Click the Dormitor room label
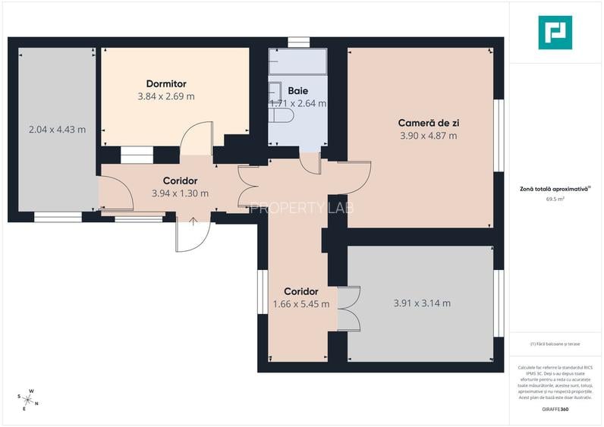point(166,83)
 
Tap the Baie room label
point(297,90)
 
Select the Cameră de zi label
point(428,123)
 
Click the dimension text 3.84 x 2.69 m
point(166,96)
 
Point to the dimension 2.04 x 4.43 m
point(57,130)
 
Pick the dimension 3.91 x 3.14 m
point(422,303)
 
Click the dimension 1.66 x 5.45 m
point(301,304)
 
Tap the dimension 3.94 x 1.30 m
point(180,193)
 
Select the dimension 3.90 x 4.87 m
point(428,136)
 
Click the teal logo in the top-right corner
point(555,33)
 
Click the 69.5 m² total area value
point(555,199)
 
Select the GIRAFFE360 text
point(556,410)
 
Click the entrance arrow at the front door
point(193,221)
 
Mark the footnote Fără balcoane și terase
point(555,344)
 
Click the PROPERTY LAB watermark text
point(302,207)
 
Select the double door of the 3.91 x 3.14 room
point(349,309)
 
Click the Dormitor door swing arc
point(197,135)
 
